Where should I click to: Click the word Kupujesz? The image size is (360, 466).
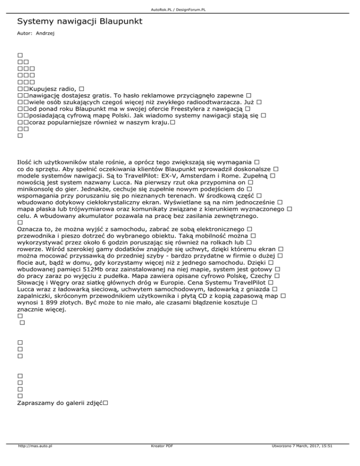(39, 89)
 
